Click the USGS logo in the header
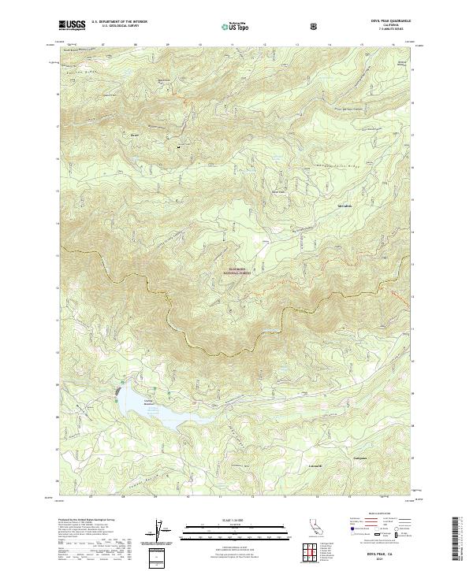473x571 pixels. [73, 25]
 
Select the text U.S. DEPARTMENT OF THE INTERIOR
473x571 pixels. [116, 23]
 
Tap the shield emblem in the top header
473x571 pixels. [315, 25]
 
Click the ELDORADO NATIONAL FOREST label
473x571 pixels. [241, 271]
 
